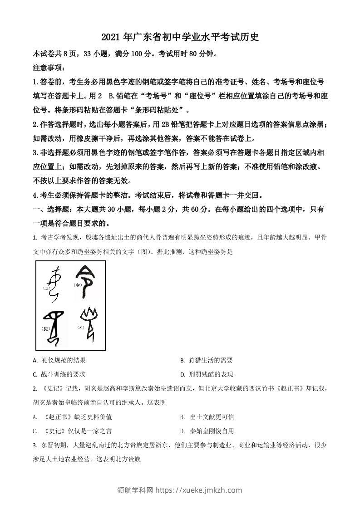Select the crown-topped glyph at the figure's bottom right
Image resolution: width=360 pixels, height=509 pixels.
pyautogui.click(x=88, y=323)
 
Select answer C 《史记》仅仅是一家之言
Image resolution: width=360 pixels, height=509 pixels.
pyautogui.click(x=75, y=431)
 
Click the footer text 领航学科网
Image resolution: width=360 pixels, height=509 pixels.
pyautogui.click(x=135, y=490)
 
